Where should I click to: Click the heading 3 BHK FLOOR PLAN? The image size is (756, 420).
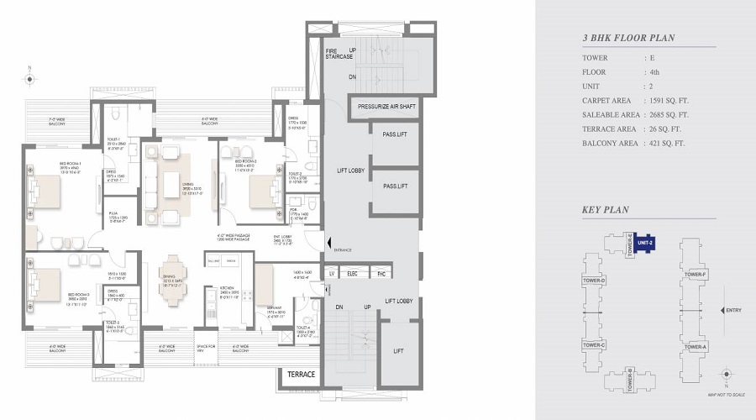point(628,38)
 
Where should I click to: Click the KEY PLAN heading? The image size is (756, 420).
point(606,210)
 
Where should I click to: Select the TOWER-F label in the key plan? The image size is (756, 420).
point(695,275)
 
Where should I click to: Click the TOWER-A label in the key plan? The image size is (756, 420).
point(695,346)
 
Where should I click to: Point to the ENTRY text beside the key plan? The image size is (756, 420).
point(732,310)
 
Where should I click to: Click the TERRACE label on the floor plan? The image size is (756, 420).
point(301,375)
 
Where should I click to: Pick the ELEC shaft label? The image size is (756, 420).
point(354,274)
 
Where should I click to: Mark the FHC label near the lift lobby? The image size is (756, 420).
point(380,274)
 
